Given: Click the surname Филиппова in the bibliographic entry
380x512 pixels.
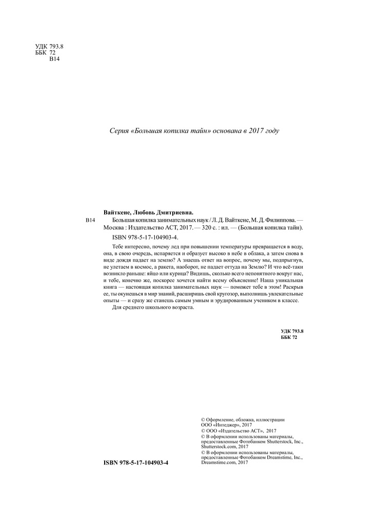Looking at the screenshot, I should [278, 220].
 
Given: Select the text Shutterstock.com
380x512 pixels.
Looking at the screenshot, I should [220, 446].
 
